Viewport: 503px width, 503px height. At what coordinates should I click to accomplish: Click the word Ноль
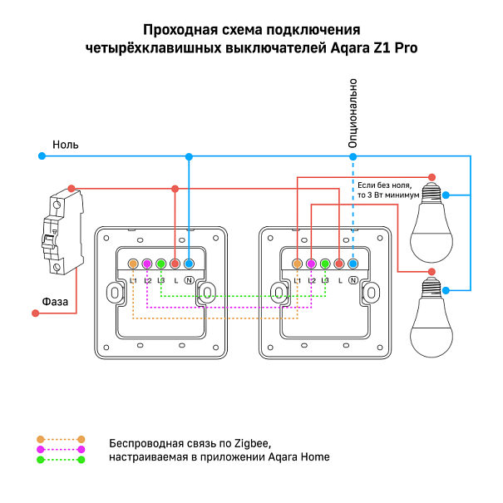pos(66,145)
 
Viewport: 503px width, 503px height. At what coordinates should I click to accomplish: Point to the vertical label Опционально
pos(353,113)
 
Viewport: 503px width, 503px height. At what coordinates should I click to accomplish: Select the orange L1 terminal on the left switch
pos(133,264)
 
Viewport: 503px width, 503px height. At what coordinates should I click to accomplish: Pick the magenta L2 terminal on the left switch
pos(147,264)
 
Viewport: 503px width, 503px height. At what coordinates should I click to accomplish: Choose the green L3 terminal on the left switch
pos(161,264)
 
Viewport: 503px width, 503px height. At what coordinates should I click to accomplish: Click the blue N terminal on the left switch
pos(189,264)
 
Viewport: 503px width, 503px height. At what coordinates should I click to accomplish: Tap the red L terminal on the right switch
pos(339,264)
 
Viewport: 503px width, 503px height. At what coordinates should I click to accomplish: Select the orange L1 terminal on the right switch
pos(297,264)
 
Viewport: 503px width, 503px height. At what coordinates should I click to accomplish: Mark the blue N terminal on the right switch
pos(353,264)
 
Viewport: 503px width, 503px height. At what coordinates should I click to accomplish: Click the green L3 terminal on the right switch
pos(325,264)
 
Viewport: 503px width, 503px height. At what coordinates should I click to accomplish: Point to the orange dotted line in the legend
pos(61,438)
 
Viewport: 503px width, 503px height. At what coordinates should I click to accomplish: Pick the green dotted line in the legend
pos(61,459)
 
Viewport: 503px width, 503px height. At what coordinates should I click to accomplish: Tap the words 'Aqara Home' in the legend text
pos(300,457)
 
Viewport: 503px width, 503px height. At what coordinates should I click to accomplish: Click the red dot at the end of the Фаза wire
pos(36,313)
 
